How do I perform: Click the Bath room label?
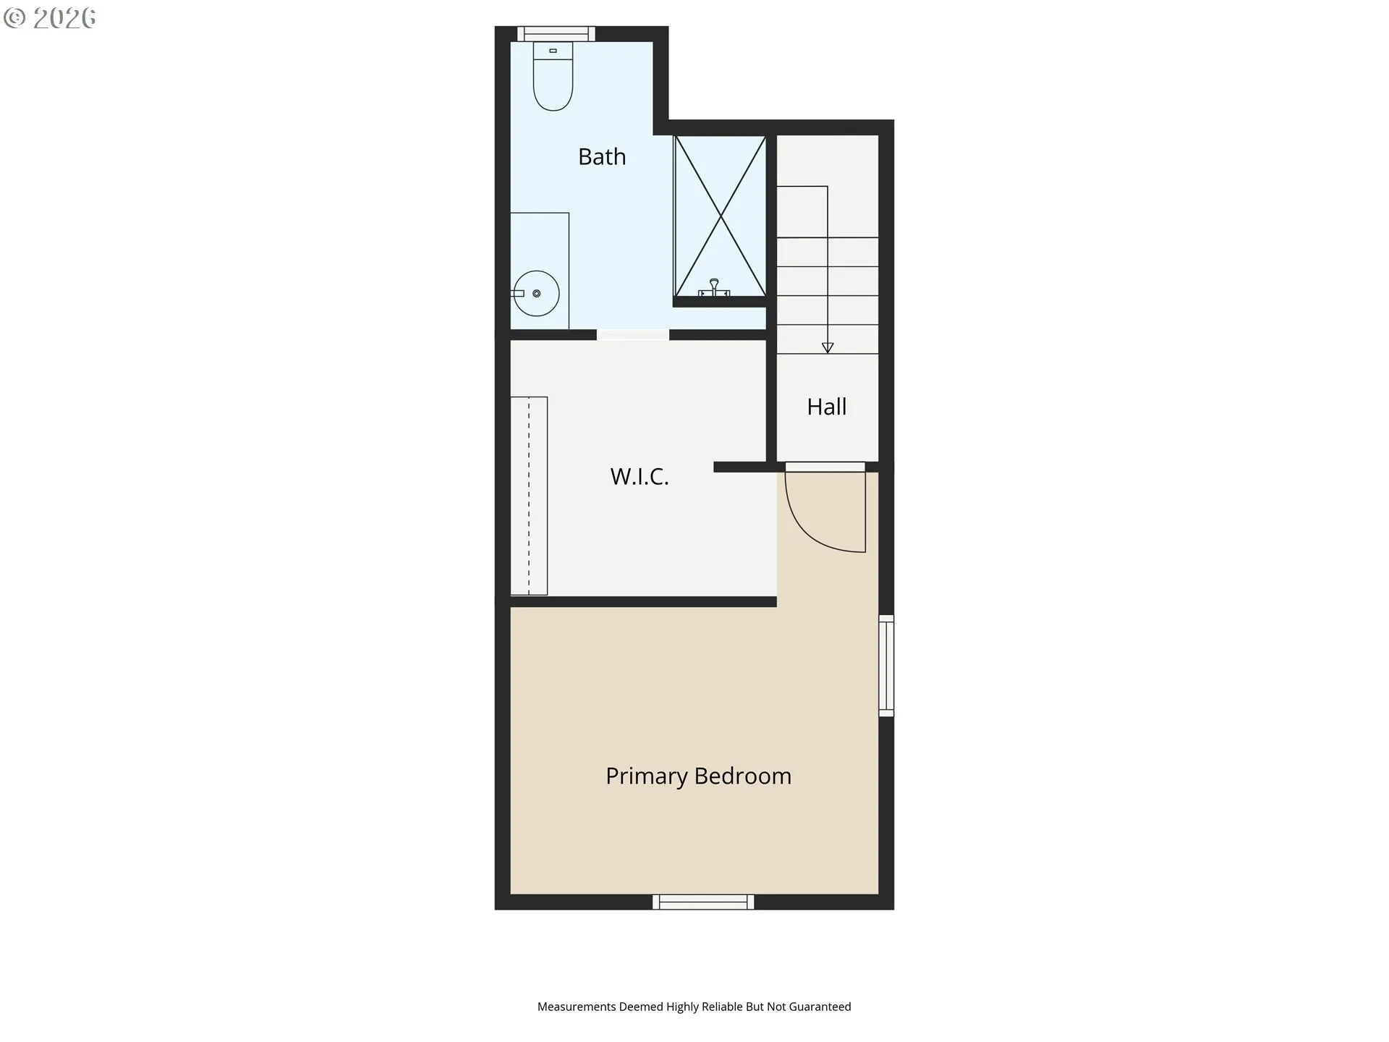(602, 157)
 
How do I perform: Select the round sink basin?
(536, 293)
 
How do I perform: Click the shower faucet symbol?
(714, 288)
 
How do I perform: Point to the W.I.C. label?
(640, 476)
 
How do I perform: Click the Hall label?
(826, 407)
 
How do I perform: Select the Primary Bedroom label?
(698, 776)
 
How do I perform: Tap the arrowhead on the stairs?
(828, 348)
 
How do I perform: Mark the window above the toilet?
(556, 33)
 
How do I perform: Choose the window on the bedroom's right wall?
(886, 666)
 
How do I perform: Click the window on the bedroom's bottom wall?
(703, 902)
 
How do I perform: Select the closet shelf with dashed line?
(529, 496)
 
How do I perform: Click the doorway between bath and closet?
(633, 334)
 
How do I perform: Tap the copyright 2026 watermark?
(50, 18)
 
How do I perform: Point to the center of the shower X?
(720, 216)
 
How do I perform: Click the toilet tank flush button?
(553, 51)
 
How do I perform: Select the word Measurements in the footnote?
(577, 1007)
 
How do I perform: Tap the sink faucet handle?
(517, 293)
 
